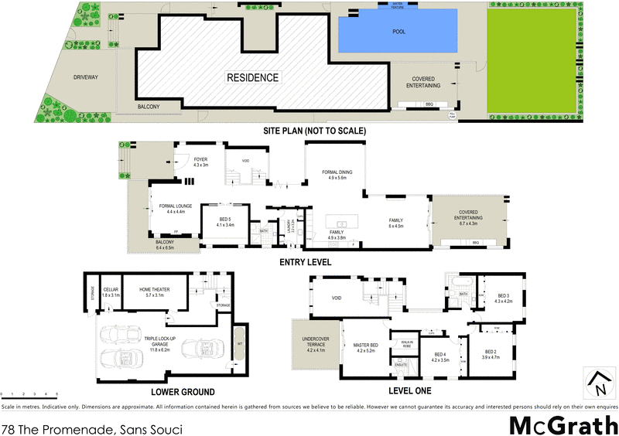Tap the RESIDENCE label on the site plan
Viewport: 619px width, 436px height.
pyautogui.click(x=252, y=77)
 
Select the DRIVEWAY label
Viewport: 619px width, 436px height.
pyautogui.click(x=86, y=77)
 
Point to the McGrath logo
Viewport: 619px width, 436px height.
pyautogui.click(x=563, y=424)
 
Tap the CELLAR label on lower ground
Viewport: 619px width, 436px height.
pyautogui.click(x=111, y=292)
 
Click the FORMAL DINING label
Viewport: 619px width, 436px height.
pyautogui.click(x=340, y=175)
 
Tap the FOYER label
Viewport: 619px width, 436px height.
pyautogui.click(x=201, y=162)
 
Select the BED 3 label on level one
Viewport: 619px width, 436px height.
pyautogui.click(x=504, y=298)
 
